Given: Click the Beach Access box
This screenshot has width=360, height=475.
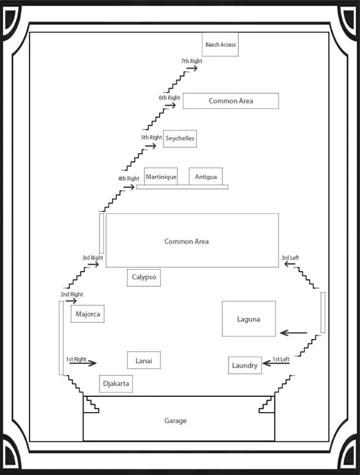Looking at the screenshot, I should click(x=220, y=44).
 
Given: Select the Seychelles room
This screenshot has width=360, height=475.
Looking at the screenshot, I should click(x=180, y=138).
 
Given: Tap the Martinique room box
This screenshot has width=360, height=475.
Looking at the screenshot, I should click(x=161, y=176).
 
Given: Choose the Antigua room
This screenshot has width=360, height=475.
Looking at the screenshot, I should click(x=206, y=176).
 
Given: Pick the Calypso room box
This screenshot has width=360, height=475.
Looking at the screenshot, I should click(x=143, y=277).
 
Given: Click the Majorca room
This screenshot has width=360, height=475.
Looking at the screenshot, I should click(x=88, y=314).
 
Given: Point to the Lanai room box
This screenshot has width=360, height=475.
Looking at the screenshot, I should click(x=144, y=360).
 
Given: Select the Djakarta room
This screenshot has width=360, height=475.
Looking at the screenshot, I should click(x=116, y=384).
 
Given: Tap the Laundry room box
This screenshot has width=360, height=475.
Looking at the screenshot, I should click(x=245, y=365).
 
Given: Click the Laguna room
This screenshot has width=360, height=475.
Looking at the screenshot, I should click(x=248, y=319).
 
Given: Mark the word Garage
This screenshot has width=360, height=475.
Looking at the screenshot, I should click(x=175, y=421).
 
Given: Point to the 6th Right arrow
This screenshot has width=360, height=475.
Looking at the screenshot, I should click(x=170, y=106).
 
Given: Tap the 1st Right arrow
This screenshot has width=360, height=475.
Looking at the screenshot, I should click(x=83, y=363).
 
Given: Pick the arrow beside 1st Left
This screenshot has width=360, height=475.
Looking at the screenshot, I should click(x=275, y=362).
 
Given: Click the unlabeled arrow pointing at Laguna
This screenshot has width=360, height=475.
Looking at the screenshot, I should click(x=293, y=333).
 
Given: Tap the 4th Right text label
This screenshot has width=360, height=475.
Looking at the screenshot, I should click(x=128, y=179).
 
